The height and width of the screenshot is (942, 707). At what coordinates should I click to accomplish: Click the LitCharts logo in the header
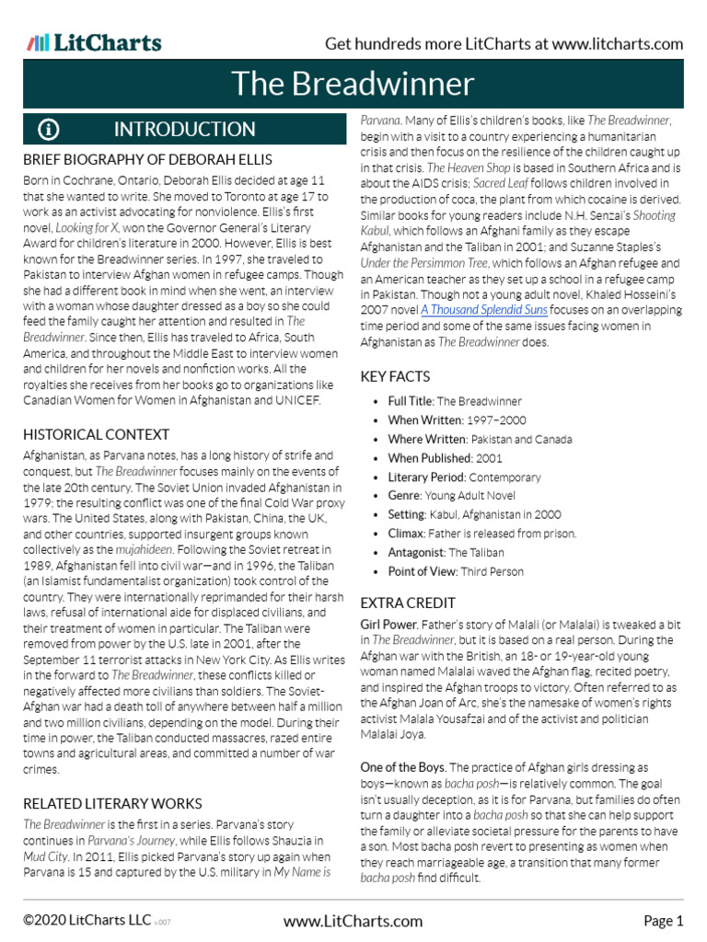(x=94, y=43)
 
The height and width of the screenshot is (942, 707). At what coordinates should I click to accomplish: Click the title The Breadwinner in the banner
(x=353, y=84)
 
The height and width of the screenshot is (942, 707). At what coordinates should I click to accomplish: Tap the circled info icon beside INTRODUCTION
(x=49, y=130)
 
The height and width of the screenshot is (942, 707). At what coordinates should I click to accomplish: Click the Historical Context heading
(x=96, y=434)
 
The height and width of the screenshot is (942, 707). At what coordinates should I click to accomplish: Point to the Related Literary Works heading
(x=112, y=803)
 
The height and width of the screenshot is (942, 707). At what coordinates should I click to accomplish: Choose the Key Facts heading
(x=395, y=376)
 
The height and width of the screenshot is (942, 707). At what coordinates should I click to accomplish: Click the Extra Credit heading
(x=408, y=603)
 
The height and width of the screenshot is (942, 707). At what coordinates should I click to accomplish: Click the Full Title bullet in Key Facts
(x=455, y=401)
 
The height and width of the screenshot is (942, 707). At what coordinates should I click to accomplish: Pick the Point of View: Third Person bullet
(x=456, y=571)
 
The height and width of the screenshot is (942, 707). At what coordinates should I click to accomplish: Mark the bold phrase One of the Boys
(x=402, y=767)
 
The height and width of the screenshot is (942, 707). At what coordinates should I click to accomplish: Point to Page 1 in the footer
(x=663, y=921)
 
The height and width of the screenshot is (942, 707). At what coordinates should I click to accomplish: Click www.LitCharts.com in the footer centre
(x=353, y=921)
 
